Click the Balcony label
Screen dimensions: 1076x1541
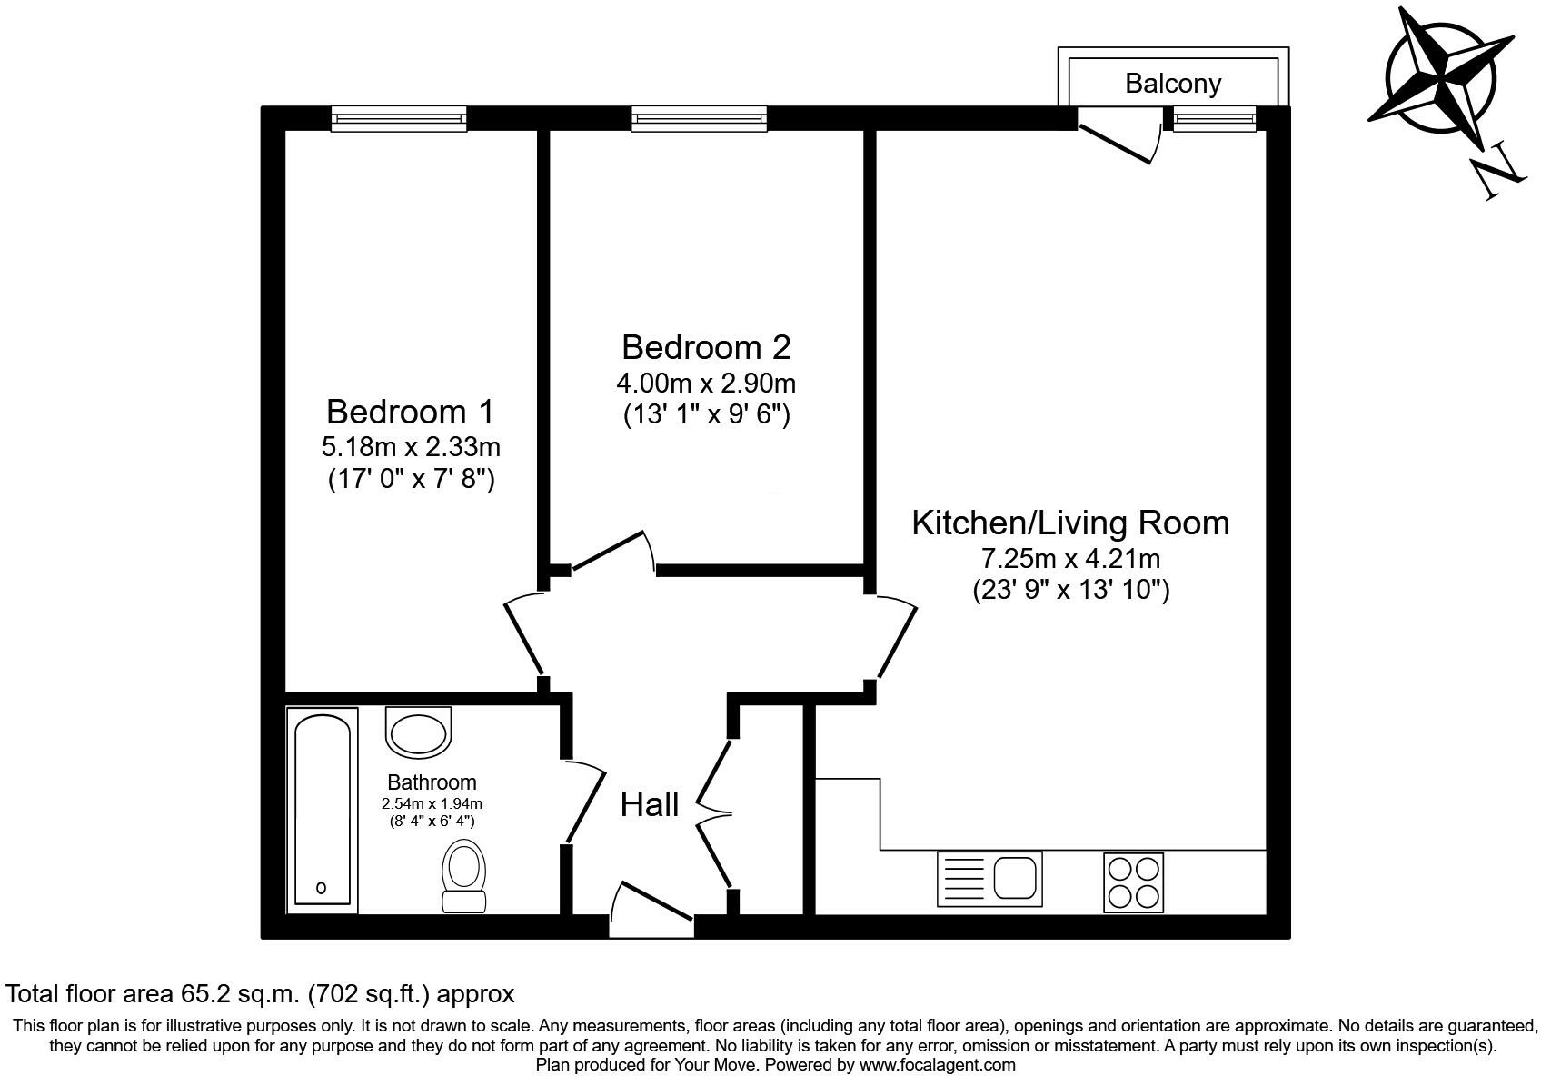pyautogui.click(x=1172, y=84)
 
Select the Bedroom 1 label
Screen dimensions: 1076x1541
pyautogui.click(x=410, y=412)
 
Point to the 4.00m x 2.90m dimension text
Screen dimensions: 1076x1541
pyautogui.click(x=706, y=383)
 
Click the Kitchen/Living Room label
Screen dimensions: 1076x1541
pyautogui.click(x=1069, y=523)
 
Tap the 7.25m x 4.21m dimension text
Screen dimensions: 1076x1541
pyautogui.click(x=1069, y=558)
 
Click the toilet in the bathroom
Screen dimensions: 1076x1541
pyautogui.click(x=463, y=874)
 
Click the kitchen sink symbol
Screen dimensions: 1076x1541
pyautogui.click(x=989, y=879)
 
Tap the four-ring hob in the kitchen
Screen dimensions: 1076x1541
pyautogui.click(x=1133, y=882)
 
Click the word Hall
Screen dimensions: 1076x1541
pyautogui.click(x=650, y=804)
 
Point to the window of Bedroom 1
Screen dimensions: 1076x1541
pyautogui.click(x=398, y=118)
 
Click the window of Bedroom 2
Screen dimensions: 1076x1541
pyautogui.click(x=698, y=118)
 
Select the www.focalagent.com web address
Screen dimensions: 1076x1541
pyautogui.click(x=937, y=1064)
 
